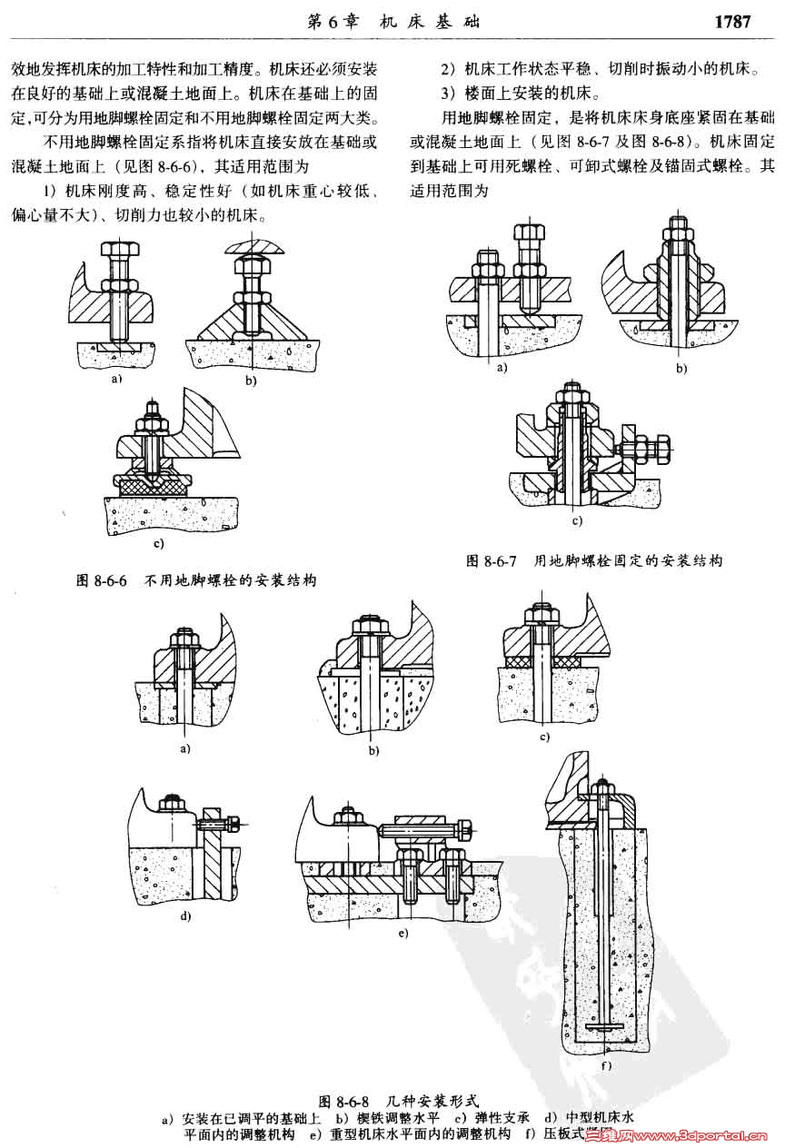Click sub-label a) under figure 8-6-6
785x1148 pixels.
pyautogui.click(x=115, y=379)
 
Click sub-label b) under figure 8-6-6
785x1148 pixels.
pyautogui.click(x=251, y=381)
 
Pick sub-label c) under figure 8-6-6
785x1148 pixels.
pyautogui.click(x=158, y=544)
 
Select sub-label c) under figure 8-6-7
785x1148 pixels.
pyautogui.click(x=576, y=521)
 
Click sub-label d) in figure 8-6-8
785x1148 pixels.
pyautogui.click(x=185, y=915)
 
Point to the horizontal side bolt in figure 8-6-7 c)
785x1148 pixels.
pyautogui.click(x=646, y=449)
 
